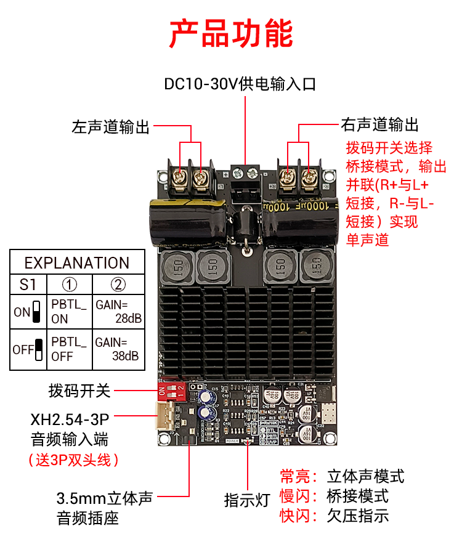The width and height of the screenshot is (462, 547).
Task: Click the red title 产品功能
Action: pyautogui.click(x=231, y=34)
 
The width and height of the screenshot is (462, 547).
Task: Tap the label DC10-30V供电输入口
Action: pyautogui.click(x=240, y=84)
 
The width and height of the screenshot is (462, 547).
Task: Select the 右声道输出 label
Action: pyautogui.click(x=380, y=126)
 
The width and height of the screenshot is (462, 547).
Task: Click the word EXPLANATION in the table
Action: pyautogui.click(x=77, y=263)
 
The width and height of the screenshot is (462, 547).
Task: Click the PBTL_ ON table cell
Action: pyautogui.click(x=70, y=312)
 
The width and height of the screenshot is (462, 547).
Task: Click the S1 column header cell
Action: pyautogui.click(x=28, y=285)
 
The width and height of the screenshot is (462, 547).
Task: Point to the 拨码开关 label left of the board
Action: pyautogui.click(x=79, y=391)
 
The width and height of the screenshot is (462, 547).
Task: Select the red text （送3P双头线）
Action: pyautogui.click(x=73, y=460)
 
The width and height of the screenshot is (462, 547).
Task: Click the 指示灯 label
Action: pyautogui.click(x=247, y=500)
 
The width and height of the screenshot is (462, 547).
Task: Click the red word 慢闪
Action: pyautogui.click(x=295, y=495)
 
